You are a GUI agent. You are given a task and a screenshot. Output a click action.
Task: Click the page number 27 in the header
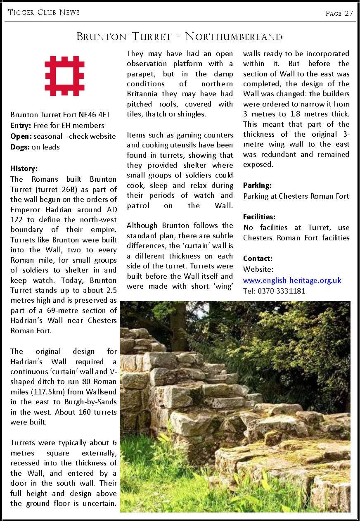(349, 13)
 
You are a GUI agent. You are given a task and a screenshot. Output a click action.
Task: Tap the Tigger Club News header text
(44, 12)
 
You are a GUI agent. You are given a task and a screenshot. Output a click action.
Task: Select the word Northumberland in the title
(234, 37)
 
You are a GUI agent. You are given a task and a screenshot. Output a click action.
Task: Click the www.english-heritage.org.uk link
(292, 280)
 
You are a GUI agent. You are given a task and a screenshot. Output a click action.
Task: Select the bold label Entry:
(21, 125)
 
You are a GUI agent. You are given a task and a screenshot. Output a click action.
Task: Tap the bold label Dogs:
(20, 147)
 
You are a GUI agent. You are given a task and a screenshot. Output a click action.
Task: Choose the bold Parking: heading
(257, 185)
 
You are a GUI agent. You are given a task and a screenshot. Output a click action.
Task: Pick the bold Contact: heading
(258, 259)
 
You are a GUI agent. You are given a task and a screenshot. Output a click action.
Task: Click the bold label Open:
(21, 136)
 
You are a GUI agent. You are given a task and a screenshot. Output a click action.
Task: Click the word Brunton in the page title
(101, 37)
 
